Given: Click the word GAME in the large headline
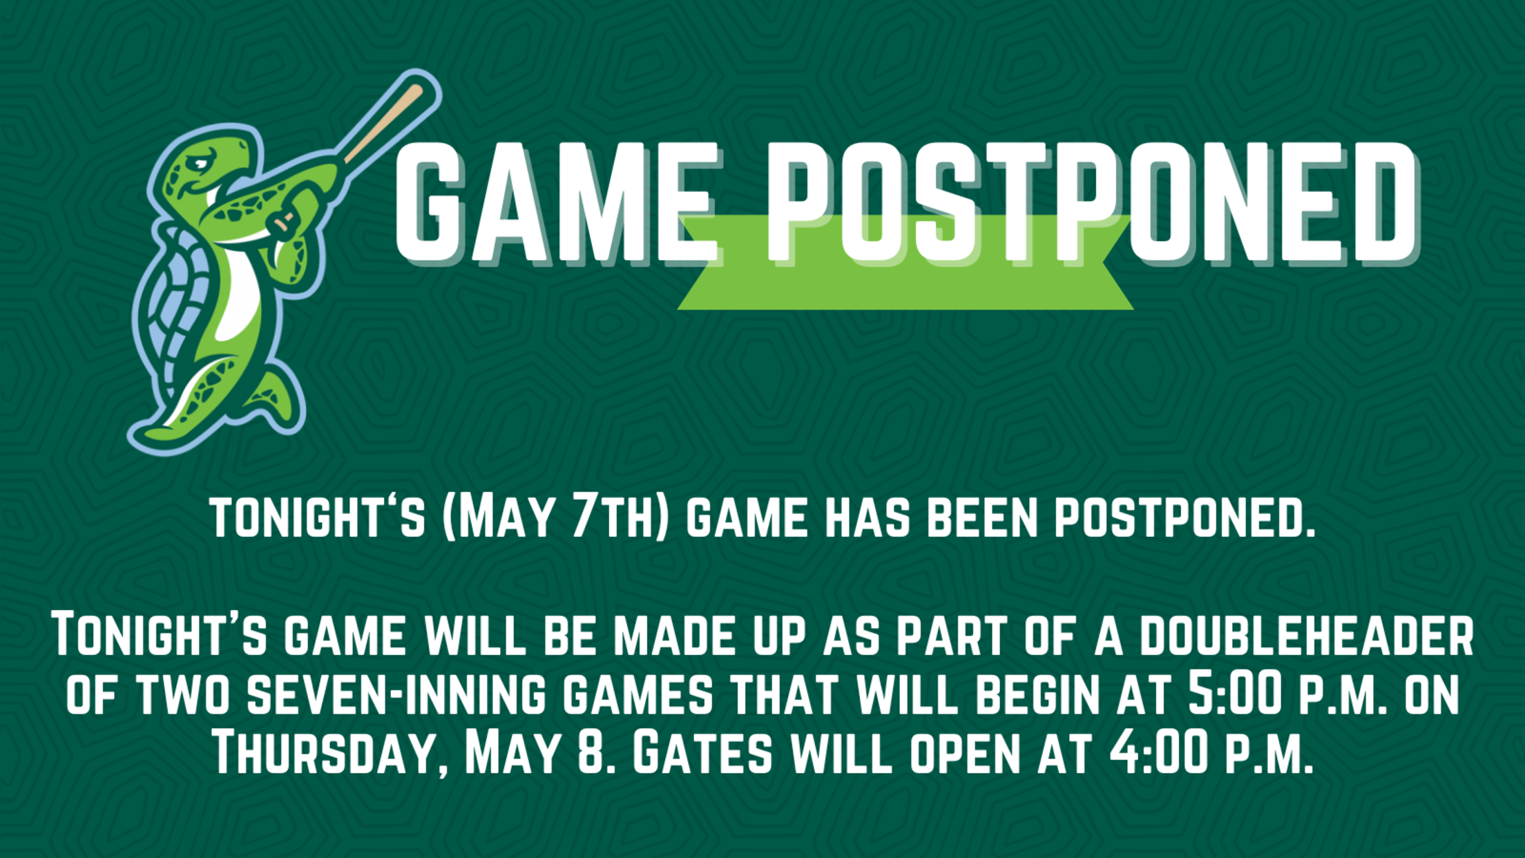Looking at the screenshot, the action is [556, 203].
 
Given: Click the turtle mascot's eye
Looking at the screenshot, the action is [200, 165].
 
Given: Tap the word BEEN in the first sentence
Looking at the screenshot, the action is [982, 518].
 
